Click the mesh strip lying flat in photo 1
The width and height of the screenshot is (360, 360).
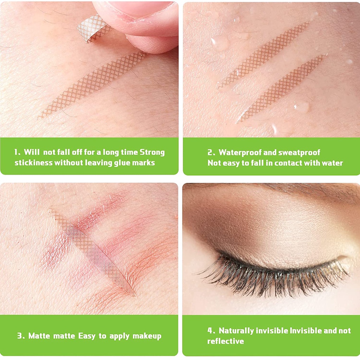pyautogui.click(x=92, y=85)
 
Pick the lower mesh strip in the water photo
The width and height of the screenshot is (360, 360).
pyautogui.click(x=282, y=88)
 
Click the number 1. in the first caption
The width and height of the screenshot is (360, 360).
pyautogui.click(x=18, y=152)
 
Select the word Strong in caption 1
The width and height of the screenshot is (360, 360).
pyautogui.click(x=152, y=152)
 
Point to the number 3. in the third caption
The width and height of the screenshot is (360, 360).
pyautogui.click(x=21, y=336)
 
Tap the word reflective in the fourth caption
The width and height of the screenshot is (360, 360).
pyautogui.click(x=225, y=341)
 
